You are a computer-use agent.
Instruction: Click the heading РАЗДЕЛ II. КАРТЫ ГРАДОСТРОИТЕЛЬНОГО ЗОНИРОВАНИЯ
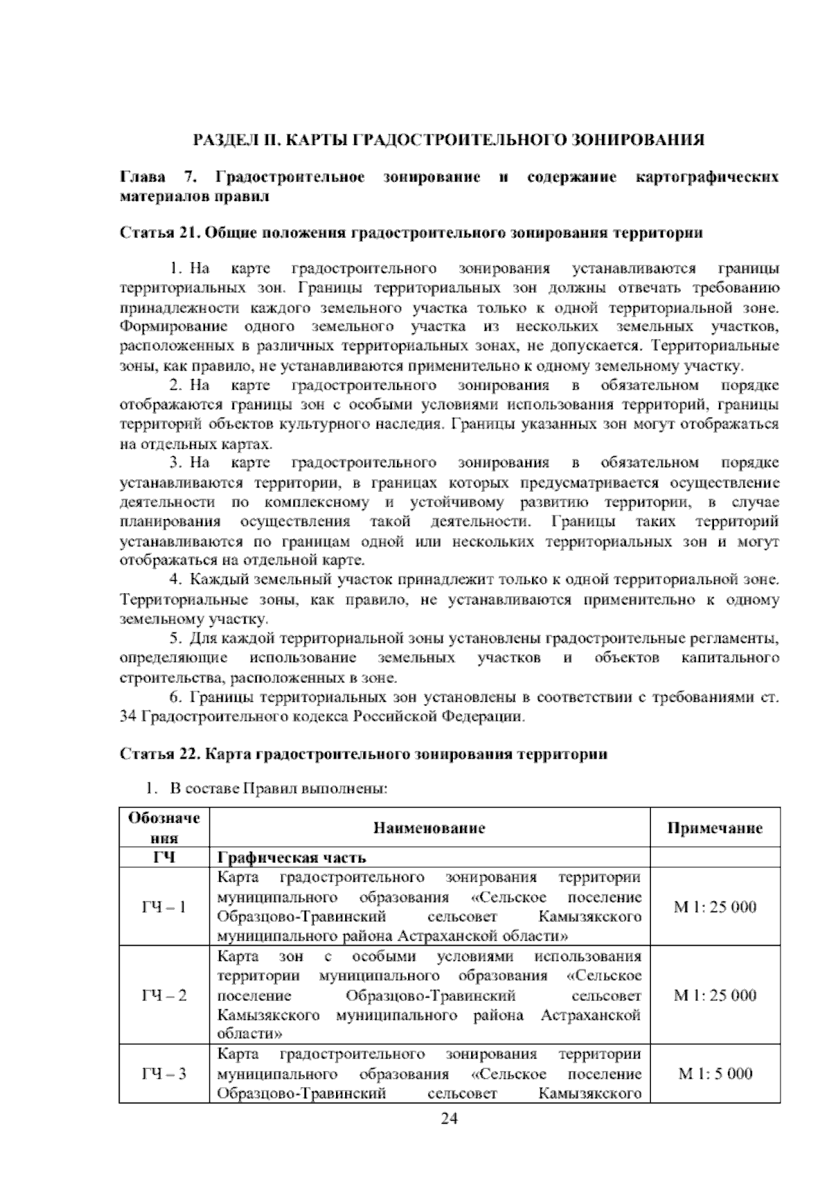point(449,139)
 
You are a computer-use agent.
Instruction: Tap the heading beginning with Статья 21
point(412,233)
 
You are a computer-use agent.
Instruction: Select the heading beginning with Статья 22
point(364,754)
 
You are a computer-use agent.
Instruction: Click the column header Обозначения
point(164,827)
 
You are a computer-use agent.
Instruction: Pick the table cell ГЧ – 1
point(164,907)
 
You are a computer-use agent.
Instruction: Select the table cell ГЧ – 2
point(164,995)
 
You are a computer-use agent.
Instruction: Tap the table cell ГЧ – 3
point(164,1074)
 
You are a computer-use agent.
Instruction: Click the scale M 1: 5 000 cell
point(715,1074)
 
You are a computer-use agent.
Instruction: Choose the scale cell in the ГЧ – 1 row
point(715,907)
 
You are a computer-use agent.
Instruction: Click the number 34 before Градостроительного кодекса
point(129,717)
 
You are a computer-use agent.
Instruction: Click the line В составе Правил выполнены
point(279,789)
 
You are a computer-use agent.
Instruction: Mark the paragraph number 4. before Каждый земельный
point(176,580)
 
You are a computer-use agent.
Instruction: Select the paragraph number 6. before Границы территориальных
point(176,698)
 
